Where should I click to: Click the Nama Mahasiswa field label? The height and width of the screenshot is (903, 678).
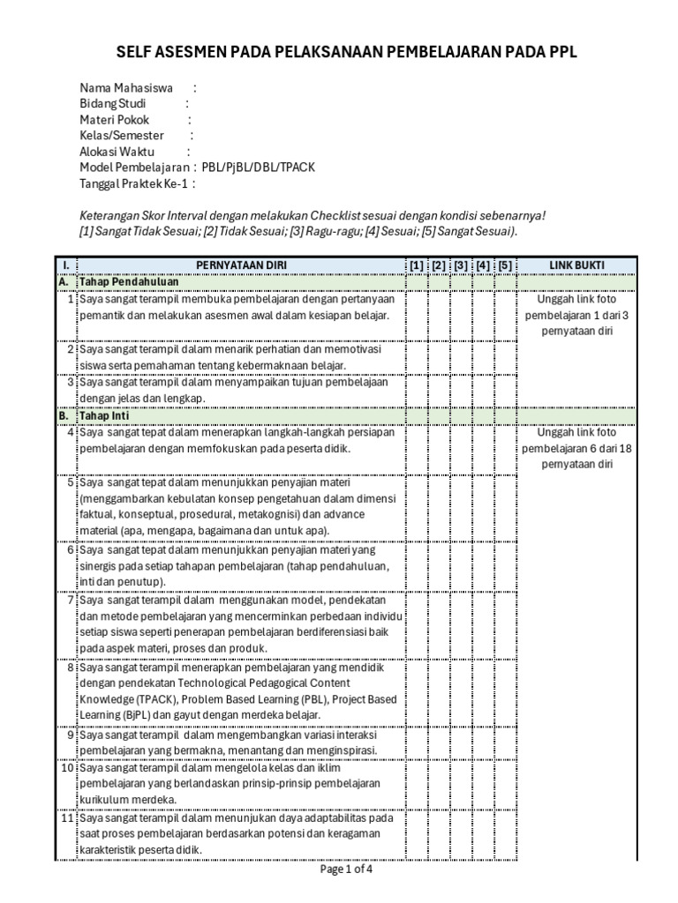tap(126, 88)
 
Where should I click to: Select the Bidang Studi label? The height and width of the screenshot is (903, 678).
tap(113, 104)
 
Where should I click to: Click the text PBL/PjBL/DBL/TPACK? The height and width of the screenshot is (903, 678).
tap(258, 168)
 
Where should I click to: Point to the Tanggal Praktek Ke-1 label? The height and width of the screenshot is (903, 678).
tap(134, 183)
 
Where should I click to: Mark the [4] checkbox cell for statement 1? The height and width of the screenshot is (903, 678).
tap(483, 314)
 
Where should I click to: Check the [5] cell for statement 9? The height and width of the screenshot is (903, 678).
tap(505, 742)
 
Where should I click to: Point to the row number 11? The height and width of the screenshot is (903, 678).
tap(67, 817)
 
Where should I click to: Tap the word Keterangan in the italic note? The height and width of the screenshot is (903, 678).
tap(110, 215)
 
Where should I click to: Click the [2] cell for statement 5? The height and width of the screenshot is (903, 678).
tap(439, 506)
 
